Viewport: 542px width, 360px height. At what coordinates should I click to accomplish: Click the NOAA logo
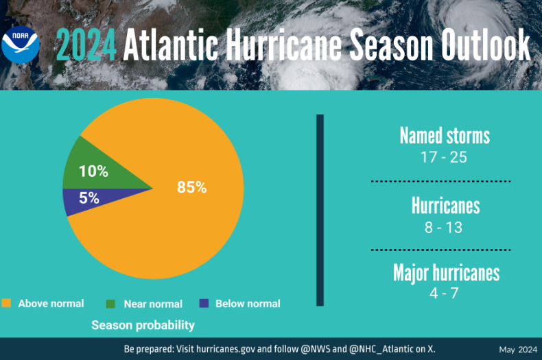click(21, 45)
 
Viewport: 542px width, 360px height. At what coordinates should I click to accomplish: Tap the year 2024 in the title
click(86, 46)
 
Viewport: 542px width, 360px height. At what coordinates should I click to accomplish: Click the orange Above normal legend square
click(7, 303)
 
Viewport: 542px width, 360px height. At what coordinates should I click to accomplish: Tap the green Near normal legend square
click(110, 303)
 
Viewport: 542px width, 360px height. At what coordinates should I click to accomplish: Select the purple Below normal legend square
click(203, 303)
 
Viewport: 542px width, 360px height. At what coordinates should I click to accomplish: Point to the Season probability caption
click(143, 325)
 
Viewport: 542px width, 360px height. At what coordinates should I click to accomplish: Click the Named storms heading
click(445, 136)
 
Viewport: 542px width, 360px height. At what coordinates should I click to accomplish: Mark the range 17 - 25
click(444, 157)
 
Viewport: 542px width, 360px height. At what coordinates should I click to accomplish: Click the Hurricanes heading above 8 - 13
click(445, 205)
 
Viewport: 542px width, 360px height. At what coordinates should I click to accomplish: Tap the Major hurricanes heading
click(446, 273)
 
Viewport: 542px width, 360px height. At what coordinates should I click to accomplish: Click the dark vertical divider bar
click(320, 210)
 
